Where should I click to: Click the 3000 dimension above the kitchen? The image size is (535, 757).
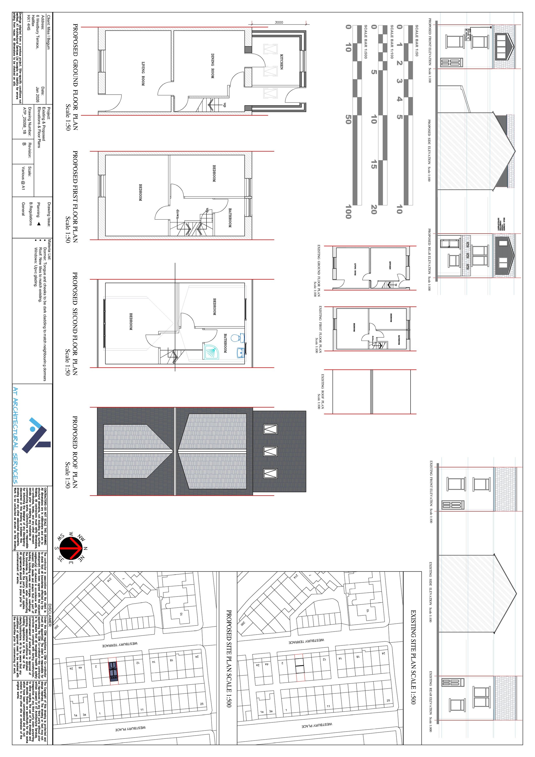point(279,22)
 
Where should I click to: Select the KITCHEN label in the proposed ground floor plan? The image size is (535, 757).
point(281,62)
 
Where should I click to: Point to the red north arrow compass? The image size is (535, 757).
point(71,548)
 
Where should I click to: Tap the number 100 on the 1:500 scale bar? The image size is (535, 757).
point(348,212)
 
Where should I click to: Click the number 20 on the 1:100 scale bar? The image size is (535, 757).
point(374,209)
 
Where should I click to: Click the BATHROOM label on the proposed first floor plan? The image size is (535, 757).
point(230,218)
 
